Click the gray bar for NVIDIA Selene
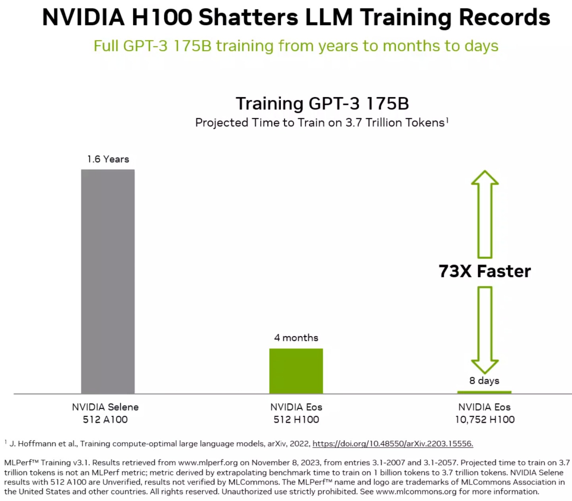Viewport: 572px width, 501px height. tap(108, 281)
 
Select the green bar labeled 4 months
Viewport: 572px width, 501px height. tap(296, 371)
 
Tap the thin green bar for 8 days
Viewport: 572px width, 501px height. tap(484, 392)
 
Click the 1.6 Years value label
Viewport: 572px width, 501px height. tap(108, 159)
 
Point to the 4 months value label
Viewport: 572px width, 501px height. tap(296, 338)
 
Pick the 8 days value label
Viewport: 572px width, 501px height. tap(484, 380)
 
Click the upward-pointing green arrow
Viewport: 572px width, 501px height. tap(485, 214)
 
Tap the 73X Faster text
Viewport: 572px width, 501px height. tap(485, 271)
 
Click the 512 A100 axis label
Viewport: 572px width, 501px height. tap(105, 419)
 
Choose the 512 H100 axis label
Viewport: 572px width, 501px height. tap(296, 419)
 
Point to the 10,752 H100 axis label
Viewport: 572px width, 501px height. tap(485, 419)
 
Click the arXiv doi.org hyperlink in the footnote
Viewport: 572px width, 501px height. tap(392, 443)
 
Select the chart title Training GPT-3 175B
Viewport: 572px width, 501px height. tap(322, 104)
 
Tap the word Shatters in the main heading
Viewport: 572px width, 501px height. tap(248, 17)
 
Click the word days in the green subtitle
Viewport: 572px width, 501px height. tap(481, 46)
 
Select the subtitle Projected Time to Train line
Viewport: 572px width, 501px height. tap(321, 123)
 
